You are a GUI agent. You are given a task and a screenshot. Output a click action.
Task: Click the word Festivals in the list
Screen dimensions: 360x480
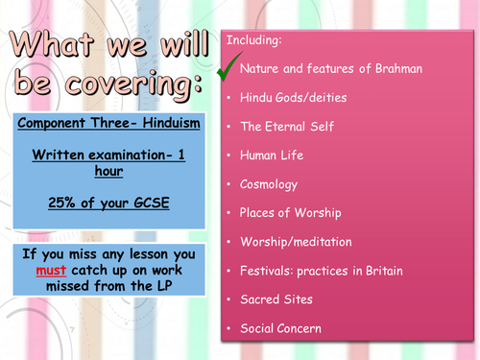click(x=266, y=272)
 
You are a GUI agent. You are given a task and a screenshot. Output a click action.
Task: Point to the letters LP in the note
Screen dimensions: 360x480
click(x=160, y=288)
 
